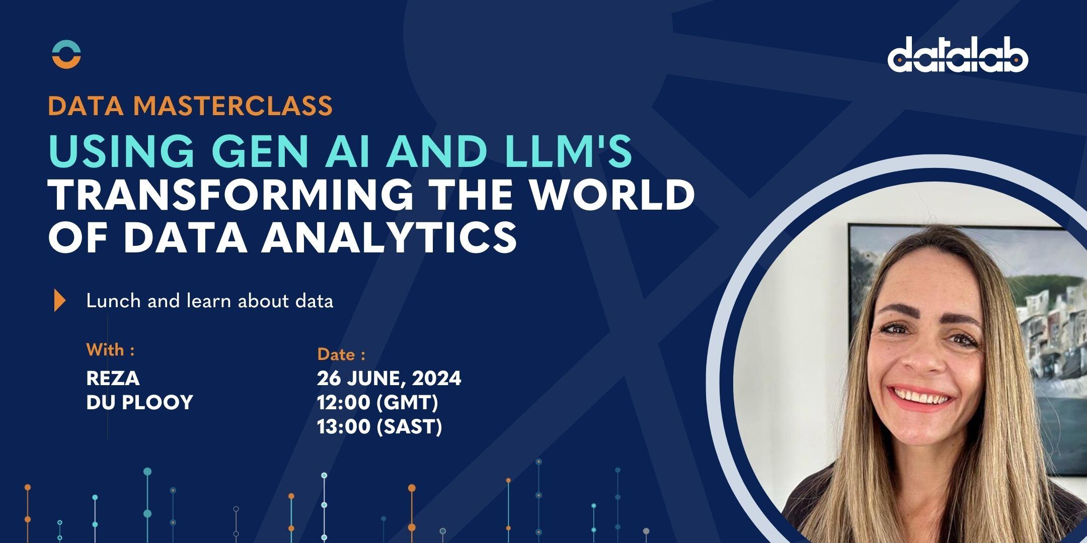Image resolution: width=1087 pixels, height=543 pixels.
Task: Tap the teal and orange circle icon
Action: [66, 55]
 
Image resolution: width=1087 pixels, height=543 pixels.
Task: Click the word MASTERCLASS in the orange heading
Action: [233, 106]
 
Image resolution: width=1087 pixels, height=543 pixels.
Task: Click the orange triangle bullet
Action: [60, 301]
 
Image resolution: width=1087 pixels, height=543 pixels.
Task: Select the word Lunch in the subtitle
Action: [113, 301]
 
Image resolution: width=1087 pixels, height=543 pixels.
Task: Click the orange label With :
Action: [110, 350]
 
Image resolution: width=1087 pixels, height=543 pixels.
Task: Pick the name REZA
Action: [113, 378]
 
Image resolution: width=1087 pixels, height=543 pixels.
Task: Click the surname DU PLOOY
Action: [139, 402]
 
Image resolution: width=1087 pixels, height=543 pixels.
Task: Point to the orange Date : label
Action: [341, 355]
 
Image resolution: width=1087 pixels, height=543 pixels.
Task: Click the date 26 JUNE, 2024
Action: [389, 378]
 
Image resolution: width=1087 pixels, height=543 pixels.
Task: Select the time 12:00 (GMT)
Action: [377, 402]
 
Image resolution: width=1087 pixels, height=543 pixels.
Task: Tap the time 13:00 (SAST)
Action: [379, 427]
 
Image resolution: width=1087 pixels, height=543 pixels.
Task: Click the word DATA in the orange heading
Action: [86, 106]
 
